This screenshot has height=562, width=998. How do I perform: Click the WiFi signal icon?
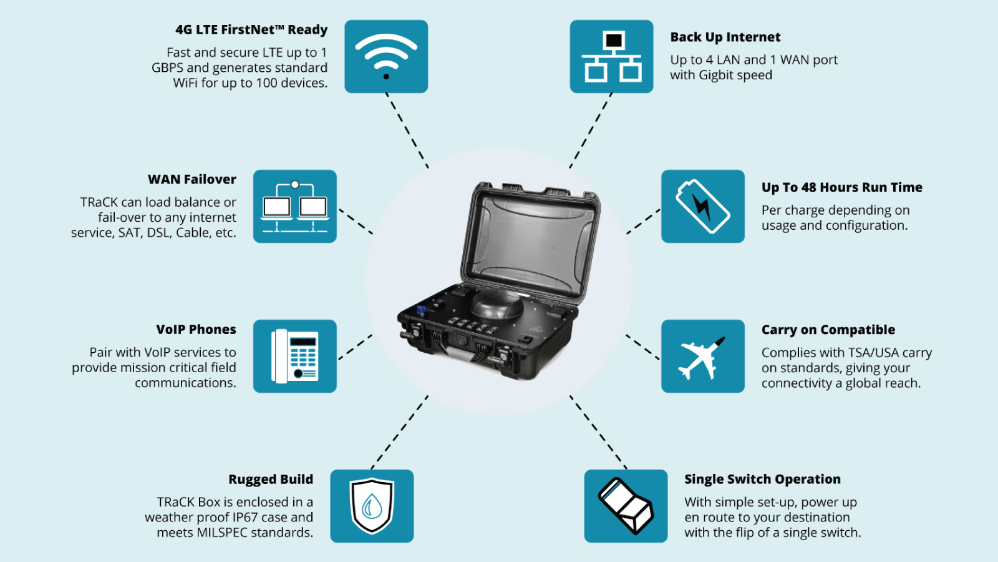click(386, 56)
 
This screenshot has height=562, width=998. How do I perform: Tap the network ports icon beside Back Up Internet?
click(611, 56)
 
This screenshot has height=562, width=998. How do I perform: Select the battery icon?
click(703, 206)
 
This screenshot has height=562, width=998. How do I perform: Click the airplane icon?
click(703, 357)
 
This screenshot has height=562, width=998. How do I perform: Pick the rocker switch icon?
click(626, 506)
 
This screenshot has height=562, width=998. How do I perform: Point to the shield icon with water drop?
click(372, 506)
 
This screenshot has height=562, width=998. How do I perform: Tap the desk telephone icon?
click(295, 356)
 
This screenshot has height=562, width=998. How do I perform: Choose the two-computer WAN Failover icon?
click(295, 206)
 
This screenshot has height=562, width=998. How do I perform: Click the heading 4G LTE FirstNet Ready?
click(251, 29)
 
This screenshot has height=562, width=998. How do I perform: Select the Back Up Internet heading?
click(725, 37)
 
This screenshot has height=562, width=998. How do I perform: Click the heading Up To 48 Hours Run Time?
click(841, 187)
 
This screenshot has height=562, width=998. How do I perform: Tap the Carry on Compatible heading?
click(828, 330)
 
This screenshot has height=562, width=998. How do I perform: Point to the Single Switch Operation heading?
click(762, 480)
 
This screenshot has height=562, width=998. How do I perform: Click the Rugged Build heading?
click(271, 480)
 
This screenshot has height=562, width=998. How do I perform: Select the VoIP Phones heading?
click(196, 330)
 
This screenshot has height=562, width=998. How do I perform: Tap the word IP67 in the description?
click(245, 518)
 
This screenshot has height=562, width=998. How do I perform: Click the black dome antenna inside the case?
click(497, 304)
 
